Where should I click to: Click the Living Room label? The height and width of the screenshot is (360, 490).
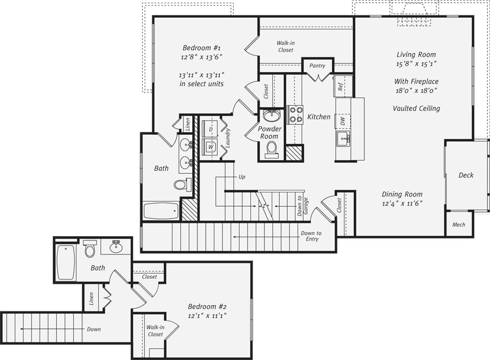(416, 55)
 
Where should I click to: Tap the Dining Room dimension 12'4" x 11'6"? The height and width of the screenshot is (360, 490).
(402, 203)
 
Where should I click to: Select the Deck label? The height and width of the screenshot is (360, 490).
(466, 175)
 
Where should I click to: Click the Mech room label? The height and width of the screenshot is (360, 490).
(459, 225)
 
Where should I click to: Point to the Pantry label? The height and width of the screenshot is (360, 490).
(317, 66)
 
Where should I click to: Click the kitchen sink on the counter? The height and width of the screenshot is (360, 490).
(343, 139)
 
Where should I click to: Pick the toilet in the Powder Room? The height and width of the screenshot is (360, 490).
(272, 149)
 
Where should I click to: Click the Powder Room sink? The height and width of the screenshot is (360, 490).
(271, 115)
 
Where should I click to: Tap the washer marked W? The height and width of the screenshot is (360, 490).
(210, 147)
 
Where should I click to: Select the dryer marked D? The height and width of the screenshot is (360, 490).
(210, 129)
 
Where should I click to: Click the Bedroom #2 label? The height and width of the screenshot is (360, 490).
(207, 307)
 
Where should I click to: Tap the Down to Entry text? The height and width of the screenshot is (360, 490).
(311, 236)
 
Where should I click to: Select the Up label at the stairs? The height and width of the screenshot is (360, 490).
(242, 177)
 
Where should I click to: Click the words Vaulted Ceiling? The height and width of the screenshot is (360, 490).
(416, 108)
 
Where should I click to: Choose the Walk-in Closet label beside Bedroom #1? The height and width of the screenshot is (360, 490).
(285, 46)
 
